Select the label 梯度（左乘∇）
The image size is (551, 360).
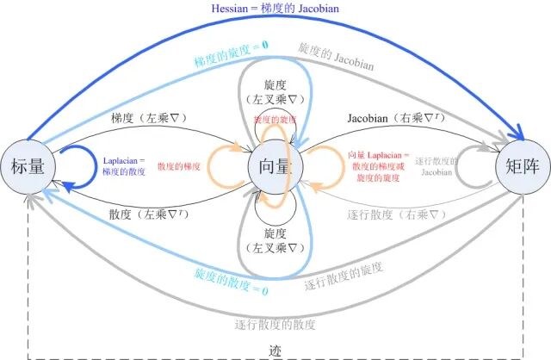(x=150, y=117)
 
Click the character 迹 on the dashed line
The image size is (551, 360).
(x=275, y=351)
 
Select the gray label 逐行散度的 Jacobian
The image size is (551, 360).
(x=436, y=165)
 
